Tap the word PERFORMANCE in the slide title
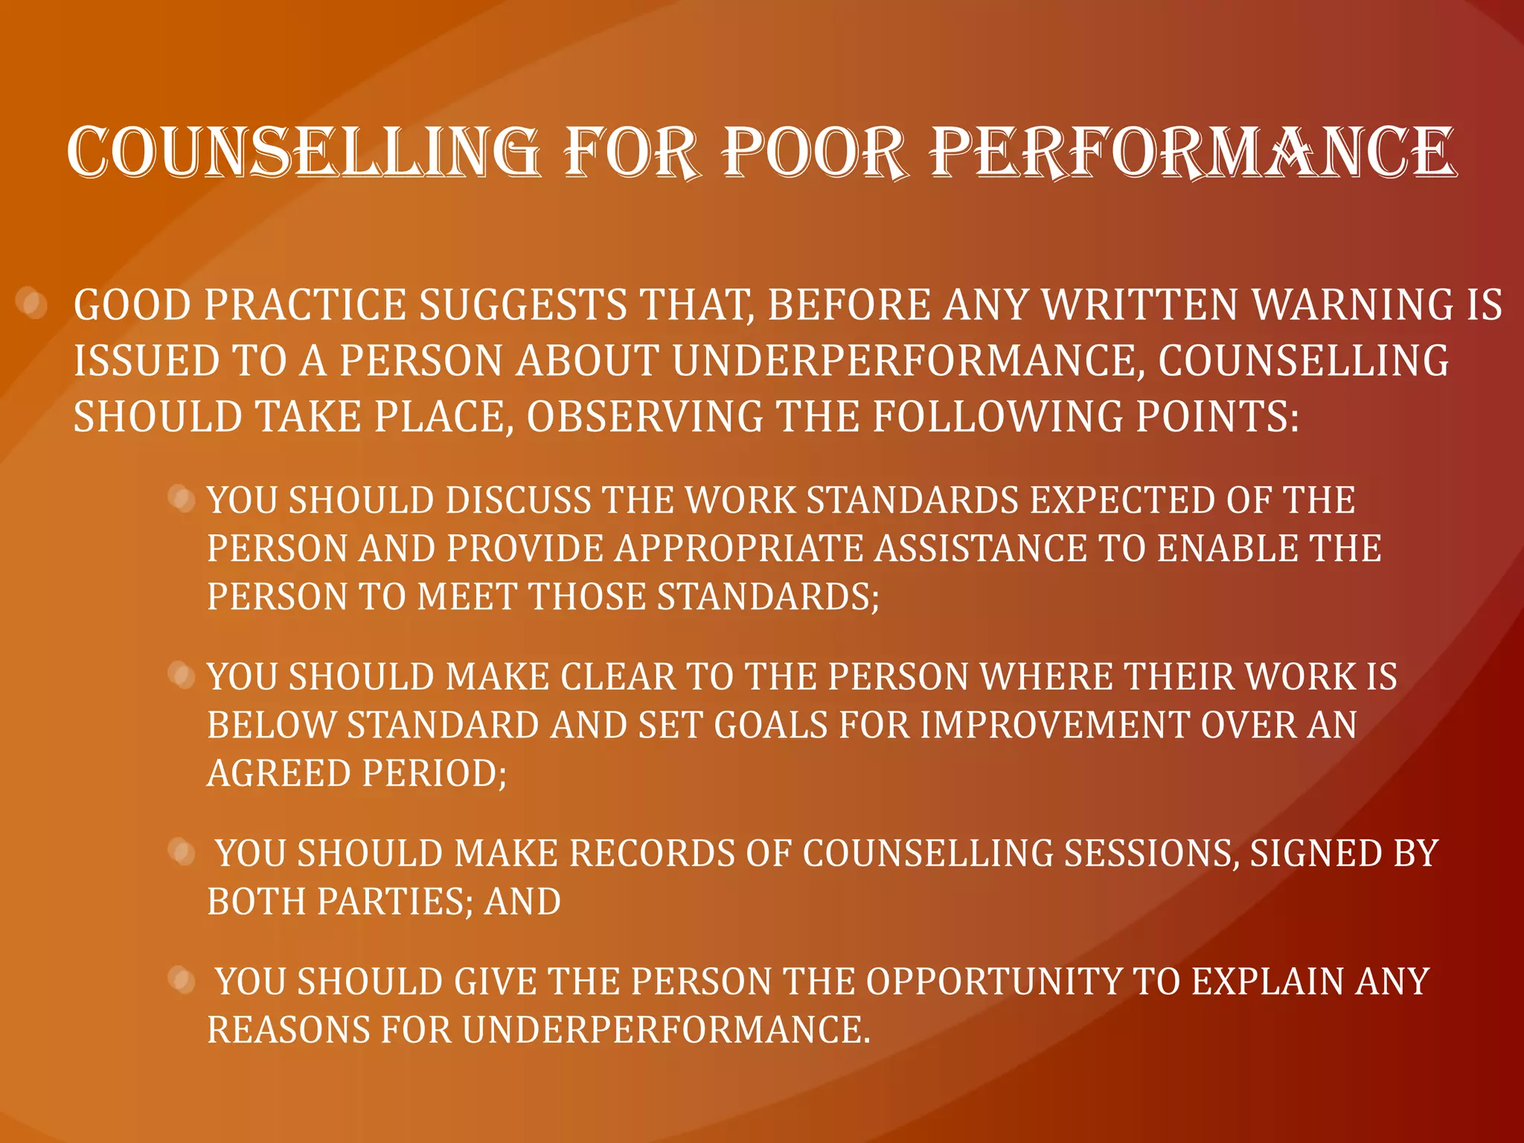coord(1193,153)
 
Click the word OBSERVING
coord(644,416)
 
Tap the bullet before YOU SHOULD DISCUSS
coord(181,498)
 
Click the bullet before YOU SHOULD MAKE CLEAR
coord(181,675)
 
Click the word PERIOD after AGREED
coord(434,773)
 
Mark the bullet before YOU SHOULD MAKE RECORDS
coord(181,851)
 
